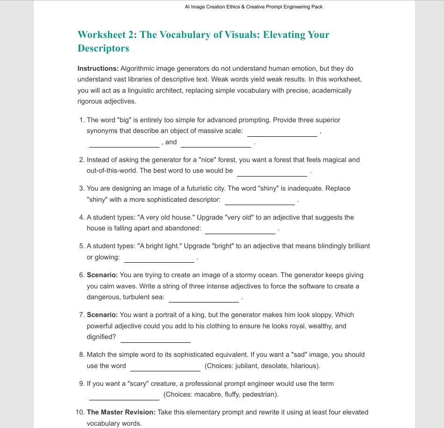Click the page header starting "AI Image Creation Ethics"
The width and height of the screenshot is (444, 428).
254,7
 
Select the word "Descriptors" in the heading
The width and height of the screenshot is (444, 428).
103,48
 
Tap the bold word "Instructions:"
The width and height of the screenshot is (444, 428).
98,68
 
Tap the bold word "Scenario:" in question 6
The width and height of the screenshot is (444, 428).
102,275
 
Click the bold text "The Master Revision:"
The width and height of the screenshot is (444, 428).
121,412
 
